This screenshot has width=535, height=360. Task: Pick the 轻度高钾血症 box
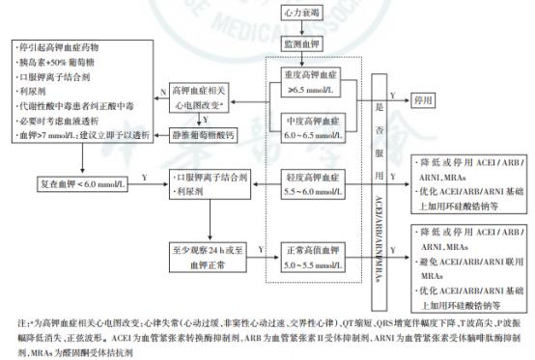[x=314, y=184]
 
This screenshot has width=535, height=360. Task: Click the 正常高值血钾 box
[x=314, y=255]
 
